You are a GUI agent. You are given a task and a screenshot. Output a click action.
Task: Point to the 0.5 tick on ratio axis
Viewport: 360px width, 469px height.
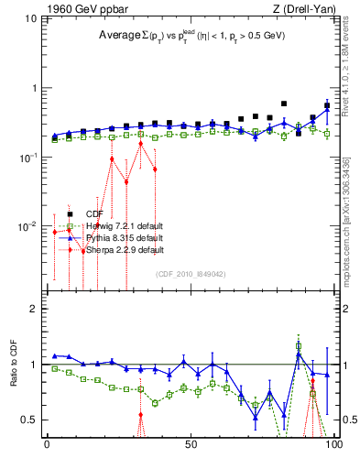click(29, 420)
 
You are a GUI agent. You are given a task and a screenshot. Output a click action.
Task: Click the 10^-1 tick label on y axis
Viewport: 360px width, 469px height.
click(27, 157)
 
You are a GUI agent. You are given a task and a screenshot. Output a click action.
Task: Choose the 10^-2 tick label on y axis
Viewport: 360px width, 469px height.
click(27, 225)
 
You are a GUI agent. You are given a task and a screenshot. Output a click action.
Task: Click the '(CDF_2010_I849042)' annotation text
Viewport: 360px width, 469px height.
click(190, 273)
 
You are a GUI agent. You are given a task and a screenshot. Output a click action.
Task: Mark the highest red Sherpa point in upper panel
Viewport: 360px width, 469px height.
click(140, 144)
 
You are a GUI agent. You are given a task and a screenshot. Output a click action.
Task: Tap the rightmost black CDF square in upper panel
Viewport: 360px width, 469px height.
click(327, 105)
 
